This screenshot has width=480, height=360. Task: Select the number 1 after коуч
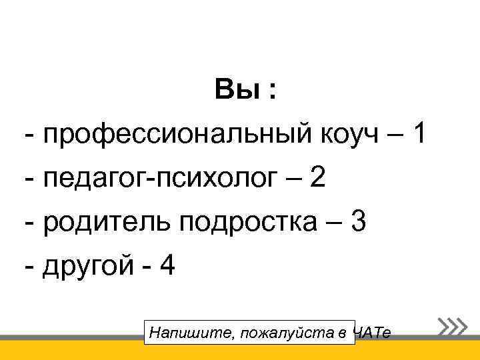(x=419, y=135)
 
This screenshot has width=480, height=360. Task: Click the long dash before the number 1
(x=392, y=136)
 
